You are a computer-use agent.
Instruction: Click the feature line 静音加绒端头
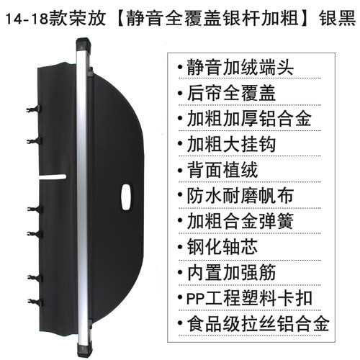[x=240, y=67]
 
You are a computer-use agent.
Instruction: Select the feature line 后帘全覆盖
[x=231, y=93]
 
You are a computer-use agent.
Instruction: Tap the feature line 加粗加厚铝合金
[x=249, y=119]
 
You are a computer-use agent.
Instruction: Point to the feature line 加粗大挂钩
[x=231, y=144]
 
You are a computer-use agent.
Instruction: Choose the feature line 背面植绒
[x=222, y=170]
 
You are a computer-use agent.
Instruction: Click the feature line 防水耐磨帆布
[x=240, y=196]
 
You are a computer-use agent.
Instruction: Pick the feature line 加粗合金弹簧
[x=240, y=221]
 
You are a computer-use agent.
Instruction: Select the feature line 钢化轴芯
[x=222, y=246]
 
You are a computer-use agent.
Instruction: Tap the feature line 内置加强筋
[x=231, y=272]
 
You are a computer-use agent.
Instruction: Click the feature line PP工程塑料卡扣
[x=249, y=298]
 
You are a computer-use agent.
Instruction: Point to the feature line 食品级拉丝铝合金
[x=258, y=324]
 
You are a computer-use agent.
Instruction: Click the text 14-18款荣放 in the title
[x=55, y=18]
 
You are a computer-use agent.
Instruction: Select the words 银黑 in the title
[x=337, y=18]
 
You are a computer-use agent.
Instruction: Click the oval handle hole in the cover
[x=127, y=197]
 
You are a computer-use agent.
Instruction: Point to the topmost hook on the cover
[x=34, y=109]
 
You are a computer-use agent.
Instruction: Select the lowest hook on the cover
[x=35, y=302]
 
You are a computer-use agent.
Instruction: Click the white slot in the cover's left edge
[x=53, y=177]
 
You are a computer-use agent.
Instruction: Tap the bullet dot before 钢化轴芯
[x=180, y=247]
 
